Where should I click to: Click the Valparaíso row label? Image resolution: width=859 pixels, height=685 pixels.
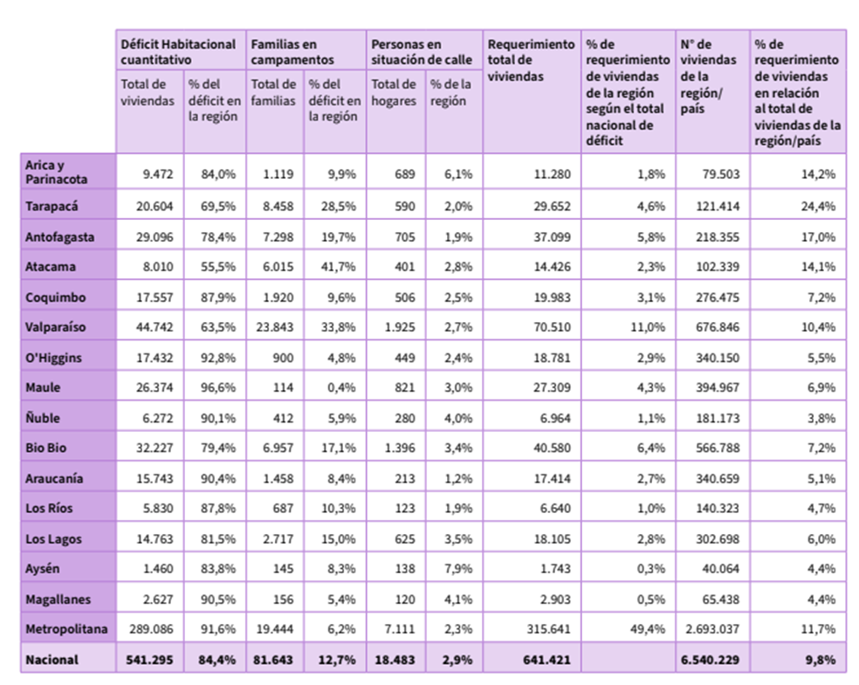55,327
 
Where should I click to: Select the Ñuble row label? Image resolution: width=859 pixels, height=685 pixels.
43,417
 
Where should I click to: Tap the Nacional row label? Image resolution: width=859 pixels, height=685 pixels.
52,660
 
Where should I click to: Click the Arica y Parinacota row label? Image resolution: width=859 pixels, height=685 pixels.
56,172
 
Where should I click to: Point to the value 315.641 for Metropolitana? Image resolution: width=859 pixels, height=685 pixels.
548,629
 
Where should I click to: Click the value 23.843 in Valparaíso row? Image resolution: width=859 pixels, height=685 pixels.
274,327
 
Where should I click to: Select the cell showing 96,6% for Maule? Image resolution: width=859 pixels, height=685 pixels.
218,387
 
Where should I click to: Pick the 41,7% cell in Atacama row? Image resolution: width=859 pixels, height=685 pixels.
338,267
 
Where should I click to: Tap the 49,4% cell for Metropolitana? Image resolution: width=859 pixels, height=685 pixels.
648,629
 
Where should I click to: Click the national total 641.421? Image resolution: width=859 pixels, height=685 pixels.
546,660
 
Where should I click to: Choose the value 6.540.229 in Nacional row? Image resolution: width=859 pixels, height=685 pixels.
710,660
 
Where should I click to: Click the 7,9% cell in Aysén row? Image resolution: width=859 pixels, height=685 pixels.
458,568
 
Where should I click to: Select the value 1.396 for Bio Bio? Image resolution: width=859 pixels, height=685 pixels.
400,448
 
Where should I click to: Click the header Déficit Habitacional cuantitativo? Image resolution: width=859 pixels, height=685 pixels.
178,51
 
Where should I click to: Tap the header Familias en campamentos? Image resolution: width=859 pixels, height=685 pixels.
284,51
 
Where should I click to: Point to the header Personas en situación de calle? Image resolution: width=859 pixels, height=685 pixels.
422,51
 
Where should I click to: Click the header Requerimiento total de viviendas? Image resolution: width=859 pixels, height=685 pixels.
531,59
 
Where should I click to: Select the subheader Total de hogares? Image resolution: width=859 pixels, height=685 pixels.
394,92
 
